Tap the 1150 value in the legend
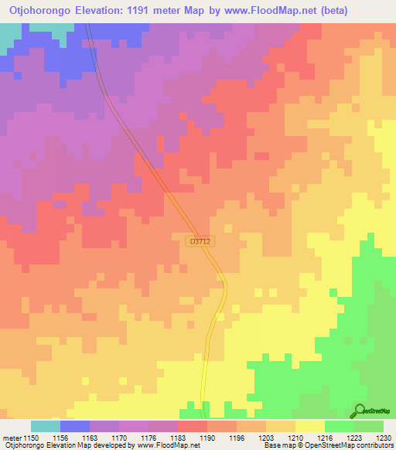tap(31, 438)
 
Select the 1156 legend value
tap(60, 438)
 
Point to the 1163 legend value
tap(90, 438)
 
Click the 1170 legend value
tap(119, 438)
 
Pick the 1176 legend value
tap(148, 438)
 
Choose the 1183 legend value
tap(178, 438)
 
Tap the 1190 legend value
tap(207, 438)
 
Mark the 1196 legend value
tap(237, 438)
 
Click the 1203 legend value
tap(266, 438)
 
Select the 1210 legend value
tap(295, 438)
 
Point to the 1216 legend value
tap(325, 438)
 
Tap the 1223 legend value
tap(354, 438)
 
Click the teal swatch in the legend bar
tap(46, 426)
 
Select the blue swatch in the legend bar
tap(75, 426)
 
